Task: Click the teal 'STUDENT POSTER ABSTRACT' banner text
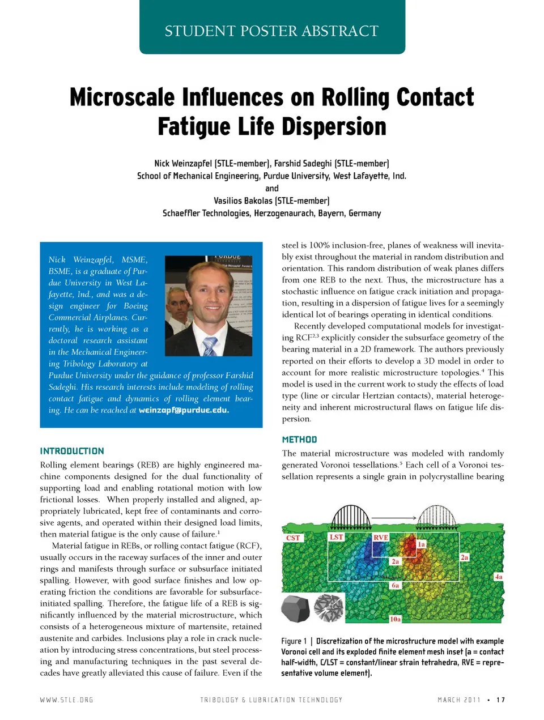pos(271,31)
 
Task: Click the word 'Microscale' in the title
pos(122,97)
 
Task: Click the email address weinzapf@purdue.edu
pos(184,410)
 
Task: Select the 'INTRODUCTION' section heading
pos(72,451)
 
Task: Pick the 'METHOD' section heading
pos(299,440)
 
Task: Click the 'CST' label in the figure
pos(293,538)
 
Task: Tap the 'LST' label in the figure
pos(336,536)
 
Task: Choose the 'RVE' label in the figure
pos(380,537)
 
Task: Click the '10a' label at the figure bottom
pos(395,619)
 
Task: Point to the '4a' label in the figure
pos(498,577)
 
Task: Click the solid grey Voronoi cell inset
pos(295,608)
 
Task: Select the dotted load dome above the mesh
pos(436,515)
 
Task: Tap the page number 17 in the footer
pos(500,700)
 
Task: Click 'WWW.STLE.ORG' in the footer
pos(66,700)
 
